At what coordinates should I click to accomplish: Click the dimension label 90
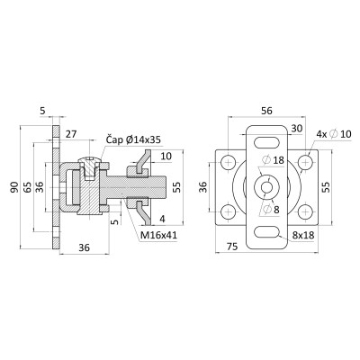click(x=14, y=187)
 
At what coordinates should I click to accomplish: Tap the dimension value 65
click(x=27, y=187)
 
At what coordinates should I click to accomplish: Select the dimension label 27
click(x=71, y=134)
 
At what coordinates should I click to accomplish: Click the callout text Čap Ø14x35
click(x=133, y=139)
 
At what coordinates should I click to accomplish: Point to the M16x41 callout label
click(x=159, y=235)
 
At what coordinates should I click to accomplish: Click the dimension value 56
click(x=266, y=111)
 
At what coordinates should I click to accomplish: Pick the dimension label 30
click(x=297, y=129)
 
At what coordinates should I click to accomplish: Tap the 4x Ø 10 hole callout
click(x=334, y=134)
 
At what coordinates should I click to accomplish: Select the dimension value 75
click(x=232, y=247)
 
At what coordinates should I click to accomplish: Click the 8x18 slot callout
click(x=303, y=235)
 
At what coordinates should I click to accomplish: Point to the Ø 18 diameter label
click(x=273, y=160)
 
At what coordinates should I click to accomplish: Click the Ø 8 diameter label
click(x=270, y=209)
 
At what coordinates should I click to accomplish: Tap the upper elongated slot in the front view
click(x=266, y=141)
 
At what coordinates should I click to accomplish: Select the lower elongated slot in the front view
click(x=266, y=232)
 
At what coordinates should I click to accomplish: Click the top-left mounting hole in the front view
click(x=228, y=163)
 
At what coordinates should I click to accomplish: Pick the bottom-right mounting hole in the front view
click(x=305, y=211)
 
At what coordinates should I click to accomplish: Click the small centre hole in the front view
click(x=266, y=187)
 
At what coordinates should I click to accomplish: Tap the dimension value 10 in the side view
click(x=166, y=157)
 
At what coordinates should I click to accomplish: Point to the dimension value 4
click(x=162, y=219)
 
